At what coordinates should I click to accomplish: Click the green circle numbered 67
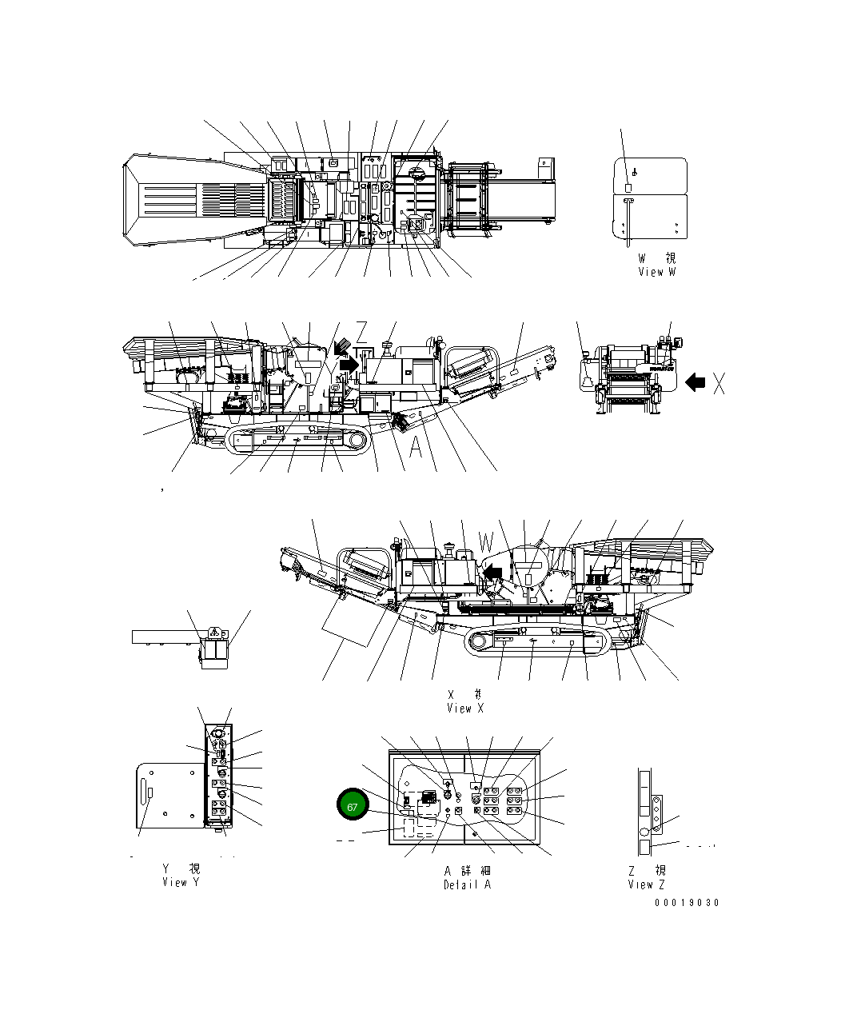click(x=352, y=806)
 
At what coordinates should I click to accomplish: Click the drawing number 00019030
click(x=687, y=903)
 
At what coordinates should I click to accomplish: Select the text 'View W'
click(x=657, y=272)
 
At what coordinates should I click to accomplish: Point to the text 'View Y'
click(x=181, y=882)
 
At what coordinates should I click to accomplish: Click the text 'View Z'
click(x=646, y=884)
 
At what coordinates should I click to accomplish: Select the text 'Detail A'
click(x=468, y=884)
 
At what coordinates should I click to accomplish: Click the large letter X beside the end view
click(x=719, y=384)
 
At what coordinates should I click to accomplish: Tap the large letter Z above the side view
click(x=361, y=332)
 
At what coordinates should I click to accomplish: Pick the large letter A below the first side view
click(x=416, y=448)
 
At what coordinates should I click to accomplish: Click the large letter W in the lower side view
click(x=487, y=543)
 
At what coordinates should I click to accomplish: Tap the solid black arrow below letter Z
click(x=349, y=364)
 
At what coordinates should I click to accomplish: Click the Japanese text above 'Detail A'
click(x=468, y=870)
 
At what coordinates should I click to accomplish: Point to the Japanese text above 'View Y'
click(x=181, y=868)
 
